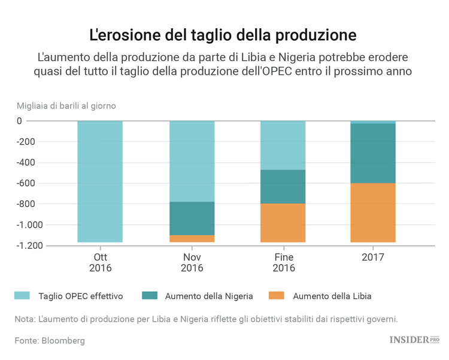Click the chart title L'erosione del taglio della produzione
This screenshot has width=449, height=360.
click(223, 35)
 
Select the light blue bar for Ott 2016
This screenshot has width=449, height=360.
click(99, 181)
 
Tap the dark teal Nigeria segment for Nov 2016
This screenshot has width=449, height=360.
click(192, 218)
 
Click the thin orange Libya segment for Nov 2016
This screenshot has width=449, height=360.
click(192, 239)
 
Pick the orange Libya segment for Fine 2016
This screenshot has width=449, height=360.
click(283, 222)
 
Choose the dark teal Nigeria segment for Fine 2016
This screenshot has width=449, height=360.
click(283, 187)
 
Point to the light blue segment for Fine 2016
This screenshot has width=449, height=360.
click(283, 145)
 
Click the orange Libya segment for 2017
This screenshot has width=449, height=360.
click(373, 212)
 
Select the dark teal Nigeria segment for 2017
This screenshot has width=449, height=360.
click(373, 153)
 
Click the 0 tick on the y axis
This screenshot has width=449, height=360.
click(36, 121)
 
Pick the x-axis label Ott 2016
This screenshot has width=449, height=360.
click(100, 263)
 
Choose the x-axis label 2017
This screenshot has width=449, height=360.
click(373, 257)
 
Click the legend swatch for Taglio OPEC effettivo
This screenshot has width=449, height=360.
click(22, 295)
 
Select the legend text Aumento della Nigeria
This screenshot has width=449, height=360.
click(209, 295)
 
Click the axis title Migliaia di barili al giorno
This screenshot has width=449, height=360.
click(66, 106)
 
